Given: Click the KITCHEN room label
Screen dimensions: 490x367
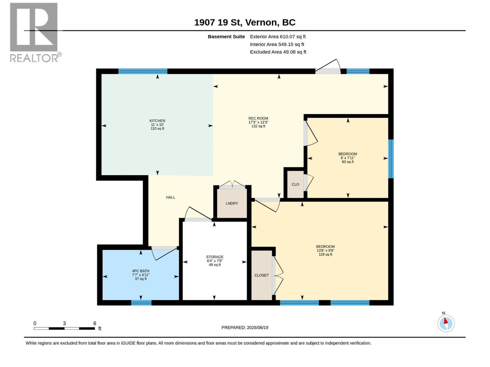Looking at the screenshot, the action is [x=157, y=120].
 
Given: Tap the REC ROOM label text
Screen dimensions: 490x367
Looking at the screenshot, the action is [x=258, y=118].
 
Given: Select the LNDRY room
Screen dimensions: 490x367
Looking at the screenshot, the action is [x=232, y=203].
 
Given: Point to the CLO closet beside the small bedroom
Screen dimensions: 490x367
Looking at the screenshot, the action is [x=295, y=184].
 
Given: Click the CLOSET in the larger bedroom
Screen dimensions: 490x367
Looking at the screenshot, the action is [x=262, y=275].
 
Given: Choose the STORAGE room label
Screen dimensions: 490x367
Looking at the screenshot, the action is [x=215, y=257].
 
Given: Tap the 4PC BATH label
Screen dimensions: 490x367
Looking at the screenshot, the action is [x=141, y=271].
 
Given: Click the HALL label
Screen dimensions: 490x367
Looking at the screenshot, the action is [x=170, y=197].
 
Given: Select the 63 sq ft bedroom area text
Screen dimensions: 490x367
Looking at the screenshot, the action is [x=348, y=162].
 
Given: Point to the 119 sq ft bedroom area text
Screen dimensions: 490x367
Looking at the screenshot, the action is [x=325, y=254].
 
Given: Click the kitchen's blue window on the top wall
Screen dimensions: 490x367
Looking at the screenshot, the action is [x=143, y=71].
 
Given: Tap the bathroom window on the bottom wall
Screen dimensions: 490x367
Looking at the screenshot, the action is [x=141, y=302].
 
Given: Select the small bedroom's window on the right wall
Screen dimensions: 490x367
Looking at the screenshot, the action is [x=391, y=159].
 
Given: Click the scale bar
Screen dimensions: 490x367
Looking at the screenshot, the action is [x=64, y=328].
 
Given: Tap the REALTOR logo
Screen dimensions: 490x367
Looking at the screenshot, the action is [x=35, y=32].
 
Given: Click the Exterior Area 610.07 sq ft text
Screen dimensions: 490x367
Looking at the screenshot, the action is [x=278, y=36].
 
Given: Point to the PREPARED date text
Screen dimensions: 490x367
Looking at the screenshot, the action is [x=245, y=328].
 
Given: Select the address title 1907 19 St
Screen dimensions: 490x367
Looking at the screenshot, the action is [x=218, y=23].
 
